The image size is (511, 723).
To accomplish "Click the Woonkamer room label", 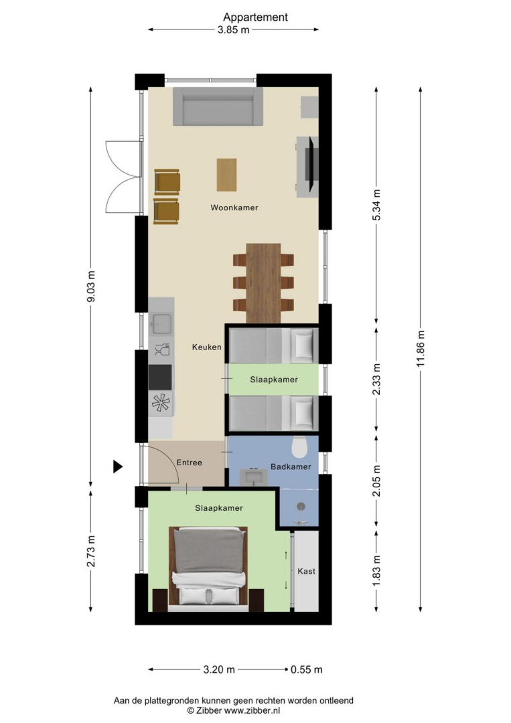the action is point(234,208).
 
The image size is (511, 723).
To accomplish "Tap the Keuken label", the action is point(207,347).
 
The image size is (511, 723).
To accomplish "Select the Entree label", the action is point(189,463).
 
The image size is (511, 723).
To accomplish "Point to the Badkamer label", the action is point(291,467).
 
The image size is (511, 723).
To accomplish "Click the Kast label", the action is point(306,571).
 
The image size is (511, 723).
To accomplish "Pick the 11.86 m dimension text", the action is point(420,349).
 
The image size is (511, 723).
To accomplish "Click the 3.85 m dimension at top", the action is point(233,30).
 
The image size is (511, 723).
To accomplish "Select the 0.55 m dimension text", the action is point(307,669).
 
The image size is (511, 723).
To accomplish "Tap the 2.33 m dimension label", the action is point(377,380).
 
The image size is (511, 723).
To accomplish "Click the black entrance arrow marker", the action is point(118,467).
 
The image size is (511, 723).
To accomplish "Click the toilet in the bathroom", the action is point(300,447).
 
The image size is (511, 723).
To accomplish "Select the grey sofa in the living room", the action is point(218,106).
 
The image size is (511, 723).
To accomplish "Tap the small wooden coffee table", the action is point(227,175).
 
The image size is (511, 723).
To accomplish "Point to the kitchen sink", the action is point(161,324).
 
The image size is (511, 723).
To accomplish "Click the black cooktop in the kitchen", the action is point(161,378).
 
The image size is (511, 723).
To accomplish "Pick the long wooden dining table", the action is point(264,283).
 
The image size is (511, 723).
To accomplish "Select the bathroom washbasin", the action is point(254,477).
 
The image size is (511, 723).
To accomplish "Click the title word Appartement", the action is point(256,17).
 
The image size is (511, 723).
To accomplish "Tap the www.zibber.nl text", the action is point(252,710).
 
